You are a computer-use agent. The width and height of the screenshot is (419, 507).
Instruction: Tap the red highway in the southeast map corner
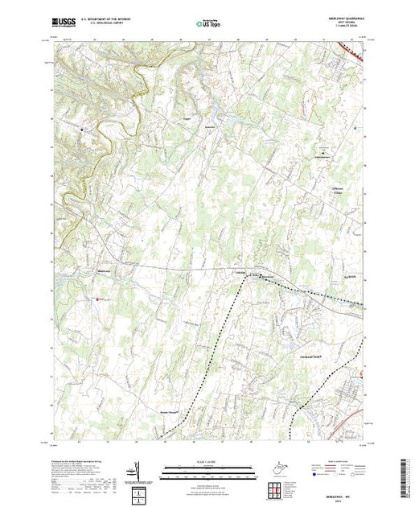pos(352,418)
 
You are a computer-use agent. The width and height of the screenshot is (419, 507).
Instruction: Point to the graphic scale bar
pos(209,470)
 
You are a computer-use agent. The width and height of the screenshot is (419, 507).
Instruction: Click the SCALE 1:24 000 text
pos(209,462)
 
